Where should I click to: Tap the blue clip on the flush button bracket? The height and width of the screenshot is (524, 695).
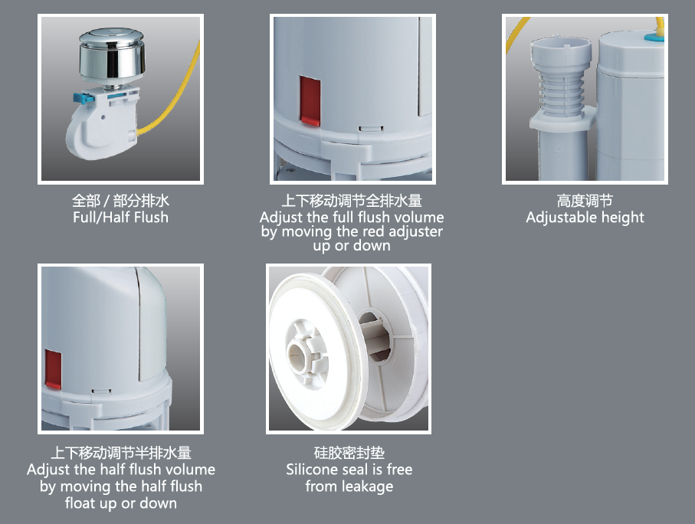(84, 97)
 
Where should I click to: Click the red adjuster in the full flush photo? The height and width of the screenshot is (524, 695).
(310, 101)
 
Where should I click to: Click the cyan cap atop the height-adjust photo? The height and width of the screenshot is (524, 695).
(654, 38)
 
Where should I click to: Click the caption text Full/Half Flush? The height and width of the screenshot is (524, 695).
(120, 218)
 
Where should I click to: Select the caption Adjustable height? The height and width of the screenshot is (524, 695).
(585, 218)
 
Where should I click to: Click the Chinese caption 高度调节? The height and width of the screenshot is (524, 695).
(585, 201)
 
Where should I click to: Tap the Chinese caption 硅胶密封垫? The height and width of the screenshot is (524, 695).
(349, 453)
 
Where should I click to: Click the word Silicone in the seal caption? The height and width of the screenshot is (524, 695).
(310, 470)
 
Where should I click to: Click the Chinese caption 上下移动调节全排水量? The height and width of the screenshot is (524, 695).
(352, 201)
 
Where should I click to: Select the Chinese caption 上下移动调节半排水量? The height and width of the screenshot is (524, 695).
(121, 453)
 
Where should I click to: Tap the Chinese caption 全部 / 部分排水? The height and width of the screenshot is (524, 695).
(120, 201)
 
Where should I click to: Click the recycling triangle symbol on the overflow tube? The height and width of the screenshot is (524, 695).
(558, 152)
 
